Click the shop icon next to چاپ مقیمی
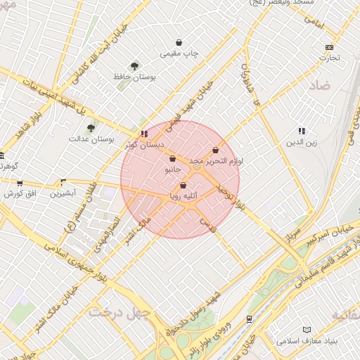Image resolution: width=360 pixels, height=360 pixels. coord(179,42)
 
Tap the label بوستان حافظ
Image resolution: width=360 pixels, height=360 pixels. coord(139,75)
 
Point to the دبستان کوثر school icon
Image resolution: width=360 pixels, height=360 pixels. coord(144,134)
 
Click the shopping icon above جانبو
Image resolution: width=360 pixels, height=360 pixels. coord(173,159)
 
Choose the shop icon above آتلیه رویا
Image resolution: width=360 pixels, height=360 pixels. coord(184,186)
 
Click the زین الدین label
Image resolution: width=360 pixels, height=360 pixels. coord(301,143)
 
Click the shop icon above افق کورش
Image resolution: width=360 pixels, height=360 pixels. coord(20,183)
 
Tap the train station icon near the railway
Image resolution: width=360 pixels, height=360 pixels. coord(250,319)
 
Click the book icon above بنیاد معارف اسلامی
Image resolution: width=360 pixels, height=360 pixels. coord(306,330)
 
